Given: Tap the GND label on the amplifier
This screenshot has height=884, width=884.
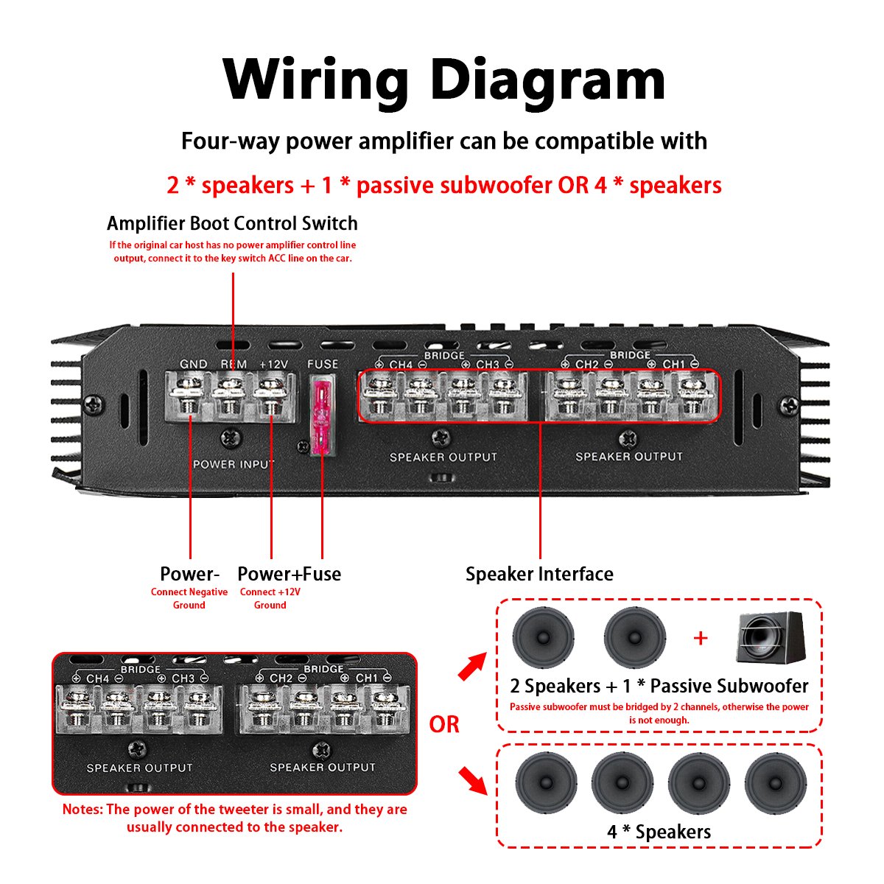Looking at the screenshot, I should point(193,364).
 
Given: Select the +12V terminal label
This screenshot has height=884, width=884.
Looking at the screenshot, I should point(273,364).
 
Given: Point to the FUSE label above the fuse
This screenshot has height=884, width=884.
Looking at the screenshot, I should point(323,364).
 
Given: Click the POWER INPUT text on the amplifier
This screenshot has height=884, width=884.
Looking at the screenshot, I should point(233,464).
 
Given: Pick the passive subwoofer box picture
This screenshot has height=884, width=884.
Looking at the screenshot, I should point(771,638).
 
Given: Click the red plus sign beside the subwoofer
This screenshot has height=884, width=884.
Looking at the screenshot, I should point(701,638).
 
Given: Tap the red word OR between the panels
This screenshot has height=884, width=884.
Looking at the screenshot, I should point(444,725).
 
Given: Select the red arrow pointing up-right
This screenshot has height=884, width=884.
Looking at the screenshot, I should point(471,667).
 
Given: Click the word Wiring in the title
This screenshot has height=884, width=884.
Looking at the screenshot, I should point(315,80).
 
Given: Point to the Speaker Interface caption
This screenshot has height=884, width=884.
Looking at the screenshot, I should point(539,574).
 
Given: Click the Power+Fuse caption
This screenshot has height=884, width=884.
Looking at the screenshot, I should point(289,574).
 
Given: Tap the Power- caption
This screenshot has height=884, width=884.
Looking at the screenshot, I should point(189,574).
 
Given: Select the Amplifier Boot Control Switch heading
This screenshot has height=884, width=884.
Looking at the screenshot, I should point(232,223).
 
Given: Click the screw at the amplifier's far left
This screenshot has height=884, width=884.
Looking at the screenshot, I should point(94,404).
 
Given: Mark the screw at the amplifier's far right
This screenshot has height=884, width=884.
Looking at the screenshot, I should point(789,404).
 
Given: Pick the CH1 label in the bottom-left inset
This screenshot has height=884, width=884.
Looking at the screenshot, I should point(366,678).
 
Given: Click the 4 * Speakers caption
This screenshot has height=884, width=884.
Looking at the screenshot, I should point(659,832).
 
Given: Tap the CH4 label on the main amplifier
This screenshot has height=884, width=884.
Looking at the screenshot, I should point(401,365).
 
